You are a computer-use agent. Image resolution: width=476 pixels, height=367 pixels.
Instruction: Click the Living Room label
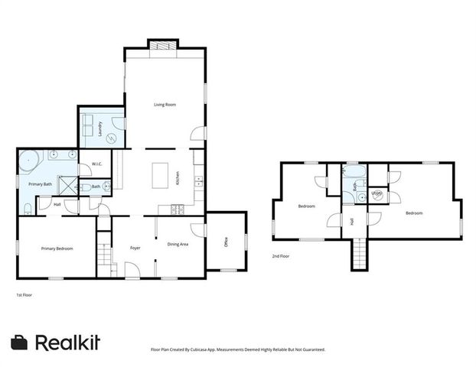click(x=165, y=104)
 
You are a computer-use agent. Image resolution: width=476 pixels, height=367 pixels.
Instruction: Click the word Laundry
click(x=90, y=129)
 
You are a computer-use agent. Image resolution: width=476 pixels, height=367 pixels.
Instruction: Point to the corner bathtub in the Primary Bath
click(x=28, y=162)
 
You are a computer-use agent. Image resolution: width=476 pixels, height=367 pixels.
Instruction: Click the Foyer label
click(x=135, y=248)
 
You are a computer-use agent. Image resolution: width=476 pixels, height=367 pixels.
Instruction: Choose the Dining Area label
click(x=178, y=244)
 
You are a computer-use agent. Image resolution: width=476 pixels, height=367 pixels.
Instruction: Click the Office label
click(x=227, y=243)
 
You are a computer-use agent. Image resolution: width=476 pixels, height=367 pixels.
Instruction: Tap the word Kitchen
click(x=178, y=178)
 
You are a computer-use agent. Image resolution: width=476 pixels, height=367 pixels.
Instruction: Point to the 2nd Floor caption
click(x=281, y=256)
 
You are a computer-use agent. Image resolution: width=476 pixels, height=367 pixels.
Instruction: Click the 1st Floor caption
click(x=24, y=294)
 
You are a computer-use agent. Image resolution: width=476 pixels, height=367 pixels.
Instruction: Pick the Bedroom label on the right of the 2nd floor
click(x=414, y=213)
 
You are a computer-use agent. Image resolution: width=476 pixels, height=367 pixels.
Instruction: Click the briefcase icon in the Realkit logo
click(x=19, y=343)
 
